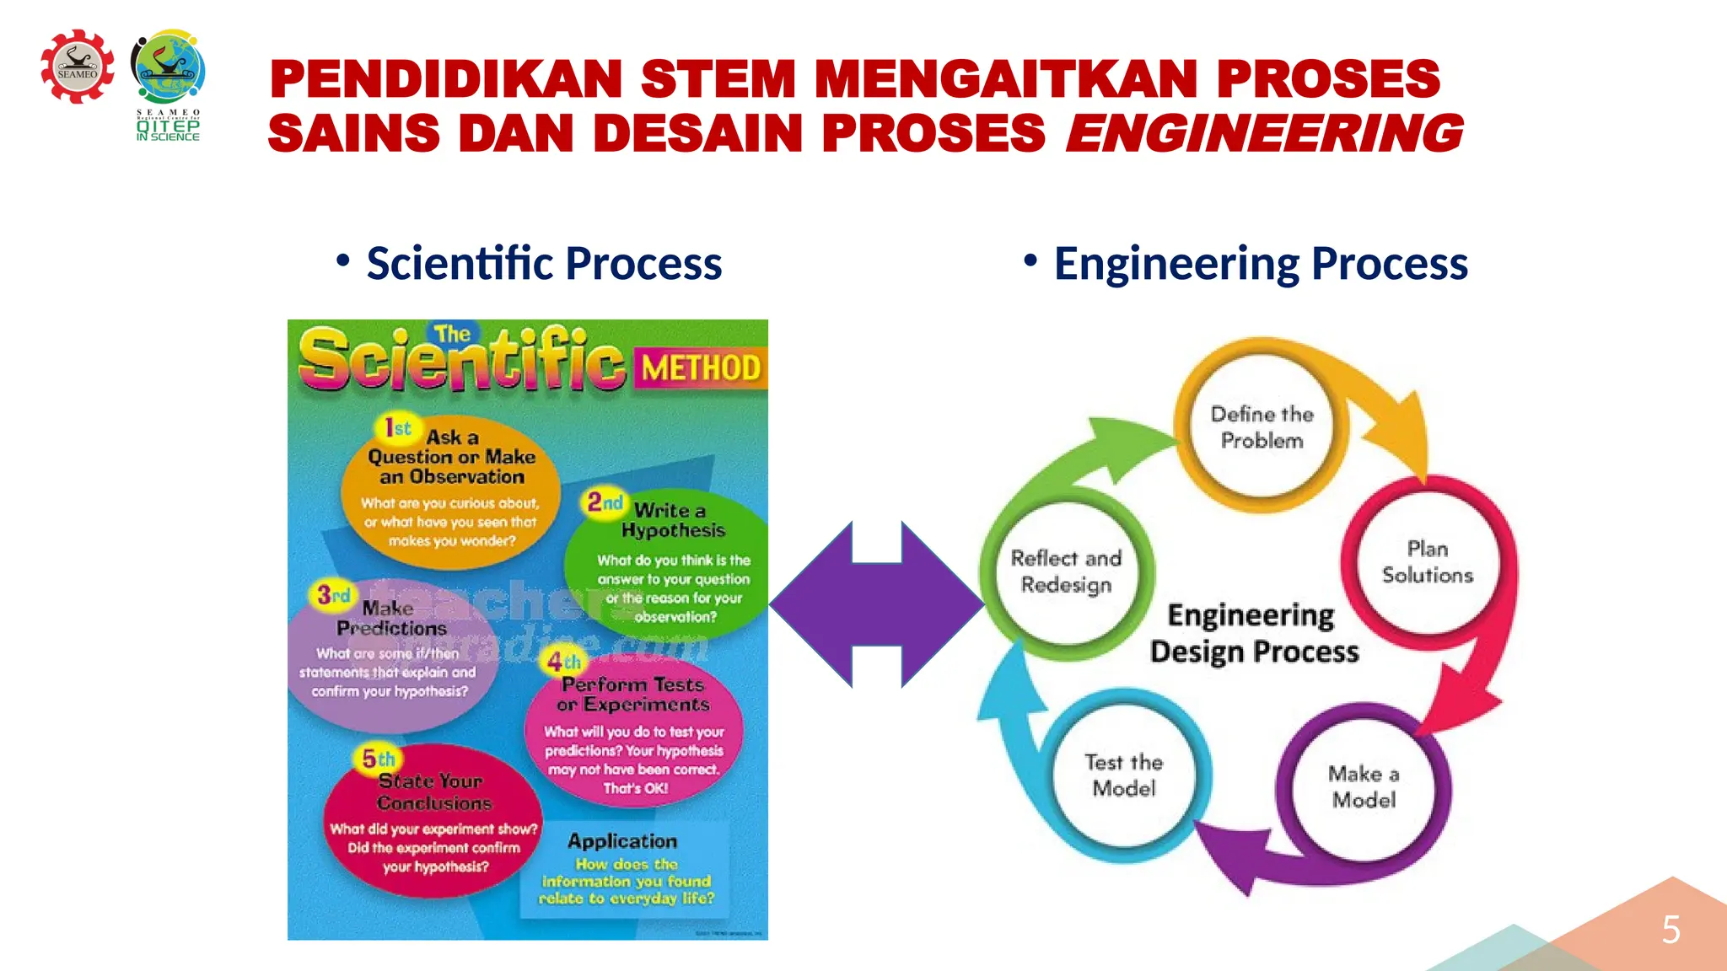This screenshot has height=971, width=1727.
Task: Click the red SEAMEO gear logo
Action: (78, 67)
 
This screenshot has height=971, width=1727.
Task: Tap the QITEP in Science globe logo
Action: (169, 67)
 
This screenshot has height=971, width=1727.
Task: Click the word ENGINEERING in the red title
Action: (1265, 133)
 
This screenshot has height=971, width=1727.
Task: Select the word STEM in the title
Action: (718, 79)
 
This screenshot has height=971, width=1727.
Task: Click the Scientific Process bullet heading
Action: (544, 263)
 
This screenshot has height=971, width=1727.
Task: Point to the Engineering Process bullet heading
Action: (1260, 263)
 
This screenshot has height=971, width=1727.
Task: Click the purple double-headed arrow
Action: (877, 604)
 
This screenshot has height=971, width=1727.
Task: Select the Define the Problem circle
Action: (1262, 426)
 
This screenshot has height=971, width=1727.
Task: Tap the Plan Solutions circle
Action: (1427, 561)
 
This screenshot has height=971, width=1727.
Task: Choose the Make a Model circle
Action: (1364, 786)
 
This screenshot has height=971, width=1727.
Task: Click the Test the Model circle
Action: (1123, 775)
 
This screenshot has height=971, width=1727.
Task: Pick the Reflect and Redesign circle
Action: (1066, 571)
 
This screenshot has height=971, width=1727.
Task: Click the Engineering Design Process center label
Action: (1254, 633)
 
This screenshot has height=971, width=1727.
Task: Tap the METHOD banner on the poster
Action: (701, 368)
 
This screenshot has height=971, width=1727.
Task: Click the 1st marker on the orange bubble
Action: (397, 428)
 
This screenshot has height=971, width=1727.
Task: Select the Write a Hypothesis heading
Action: (672, 520)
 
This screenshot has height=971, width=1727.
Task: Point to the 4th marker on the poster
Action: (563, 662)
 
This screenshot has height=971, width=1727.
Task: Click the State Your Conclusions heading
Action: (433, 791)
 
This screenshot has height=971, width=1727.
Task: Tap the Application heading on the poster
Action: (622, 841)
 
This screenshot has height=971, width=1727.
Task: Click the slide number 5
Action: (1671, 930)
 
